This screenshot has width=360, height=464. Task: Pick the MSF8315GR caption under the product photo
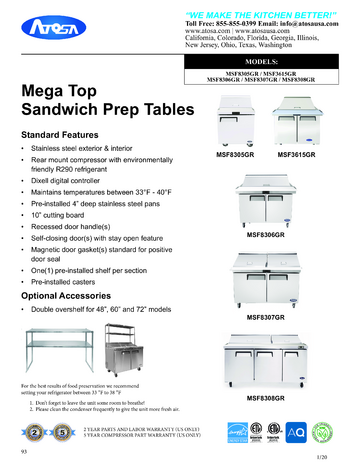point(297,155)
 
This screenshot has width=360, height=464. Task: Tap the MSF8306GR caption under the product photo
point(267,234)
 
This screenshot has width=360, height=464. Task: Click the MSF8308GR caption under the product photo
point(267,398)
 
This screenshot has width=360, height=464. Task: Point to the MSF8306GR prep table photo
point(267,198)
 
